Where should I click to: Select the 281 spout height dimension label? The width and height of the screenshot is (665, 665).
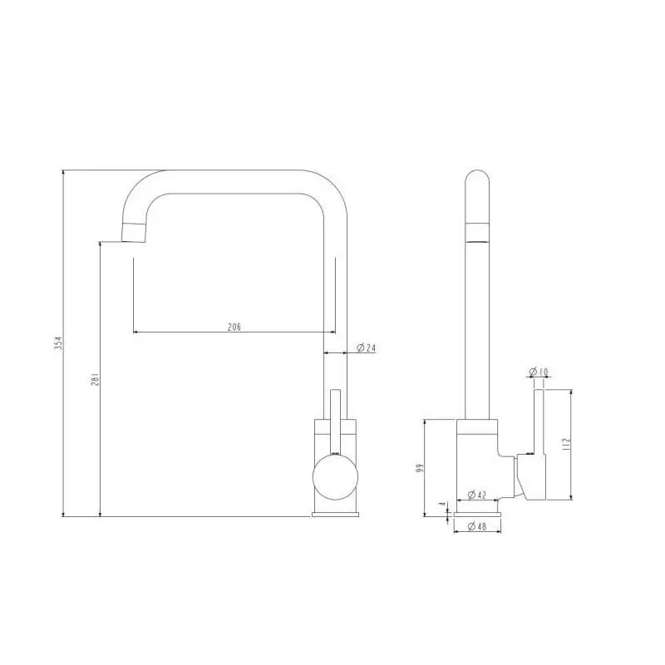coord(95,379)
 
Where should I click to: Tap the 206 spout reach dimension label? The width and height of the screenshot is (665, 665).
coord(234,327)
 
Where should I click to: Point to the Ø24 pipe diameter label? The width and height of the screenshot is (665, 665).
coord(366,347)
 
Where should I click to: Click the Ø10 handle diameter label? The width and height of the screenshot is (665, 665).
coord(539,372)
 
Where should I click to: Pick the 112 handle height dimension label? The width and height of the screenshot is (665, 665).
coord(566,444)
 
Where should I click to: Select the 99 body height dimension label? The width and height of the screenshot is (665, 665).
coord(420,468)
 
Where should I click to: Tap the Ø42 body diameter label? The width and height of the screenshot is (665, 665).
coord(476,495)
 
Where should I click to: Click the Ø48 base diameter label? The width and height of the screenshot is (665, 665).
coord(476,526)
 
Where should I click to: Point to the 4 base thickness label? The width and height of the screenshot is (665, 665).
coord(443,504)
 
